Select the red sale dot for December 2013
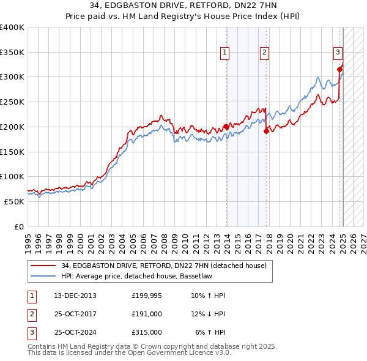tap(226, 127)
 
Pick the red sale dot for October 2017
tap(267, 131)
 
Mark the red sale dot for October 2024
tap(339, 69)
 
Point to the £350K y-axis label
tap(12, 53)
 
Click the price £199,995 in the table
tap(147, 296)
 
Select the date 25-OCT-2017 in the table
tap(75, 314)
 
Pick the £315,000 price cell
tap(147, 332)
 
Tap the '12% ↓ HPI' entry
tap(207, 314)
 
